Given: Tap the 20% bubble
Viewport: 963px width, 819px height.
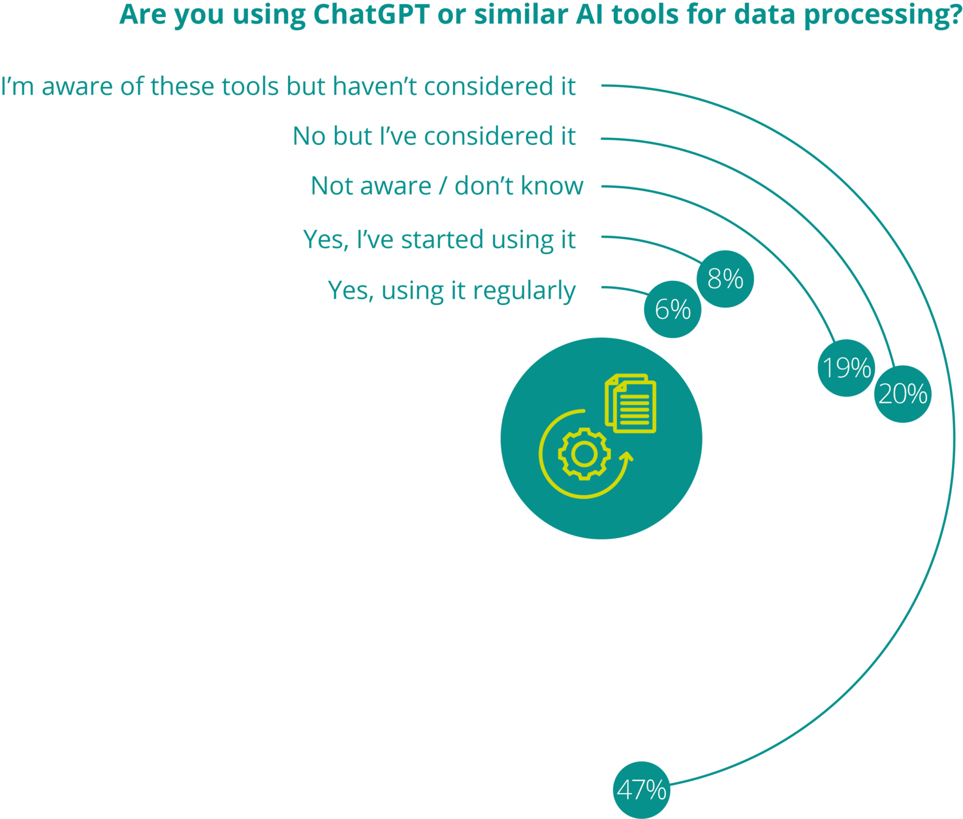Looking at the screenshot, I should pyautogui.click(x=902, y=394).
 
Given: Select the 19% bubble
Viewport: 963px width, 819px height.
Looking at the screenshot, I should pyautogui.click(x=847, y=368).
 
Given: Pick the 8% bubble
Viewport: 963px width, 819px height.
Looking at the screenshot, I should pyautogui.click(x=725, y=279).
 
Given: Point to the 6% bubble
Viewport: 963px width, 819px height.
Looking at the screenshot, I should pyautogui.click(x=672, y=310).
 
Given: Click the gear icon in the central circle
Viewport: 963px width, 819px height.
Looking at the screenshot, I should pyautogui.click(x=584, y=454).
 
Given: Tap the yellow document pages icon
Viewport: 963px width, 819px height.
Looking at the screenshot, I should pyautogui.click(x=631, y=403).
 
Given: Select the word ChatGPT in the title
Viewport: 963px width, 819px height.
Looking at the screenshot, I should pyautogui.click(x=371, y=15).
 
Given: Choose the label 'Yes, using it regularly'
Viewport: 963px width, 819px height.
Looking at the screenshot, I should pyautogui.click(x=451, y=291).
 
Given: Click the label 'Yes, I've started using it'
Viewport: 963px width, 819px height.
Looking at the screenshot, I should pyautogui.click(x=439, y=240).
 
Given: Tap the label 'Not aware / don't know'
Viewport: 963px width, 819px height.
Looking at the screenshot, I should pyautogui.click(x=447, y=186).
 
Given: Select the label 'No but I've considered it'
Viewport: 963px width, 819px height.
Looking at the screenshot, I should pyautogui.click(x=434, y=136).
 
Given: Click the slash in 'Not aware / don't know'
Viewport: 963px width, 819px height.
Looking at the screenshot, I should pyautogui.click(x=442, y=186).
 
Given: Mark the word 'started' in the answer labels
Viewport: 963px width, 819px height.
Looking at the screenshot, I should pyautogui.click(x=442, y=240).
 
